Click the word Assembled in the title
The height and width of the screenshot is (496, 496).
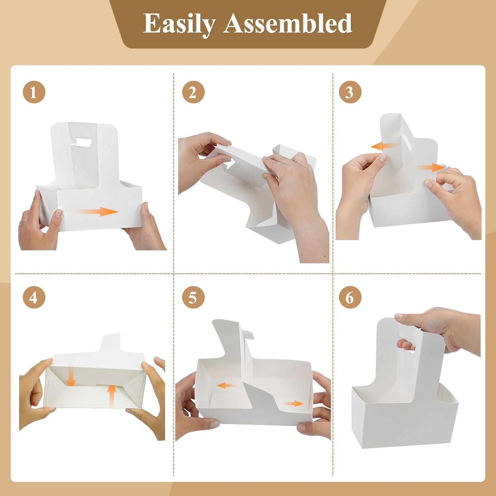[x=287, y=23]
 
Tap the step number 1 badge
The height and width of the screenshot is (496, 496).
[x=34, y=92]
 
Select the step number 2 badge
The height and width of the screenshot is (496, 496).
[x=193, y=92]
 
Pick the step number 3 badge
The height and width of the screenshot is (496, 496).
[x=350, y=92]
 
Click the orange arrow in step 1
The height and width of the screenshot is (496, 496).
[x=96, y=212]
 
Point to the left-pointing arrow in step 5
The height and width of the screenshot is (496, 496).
[x=226, y=385]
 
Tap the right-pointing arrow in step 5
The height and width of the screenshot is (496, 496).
[x=293, y=404]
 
